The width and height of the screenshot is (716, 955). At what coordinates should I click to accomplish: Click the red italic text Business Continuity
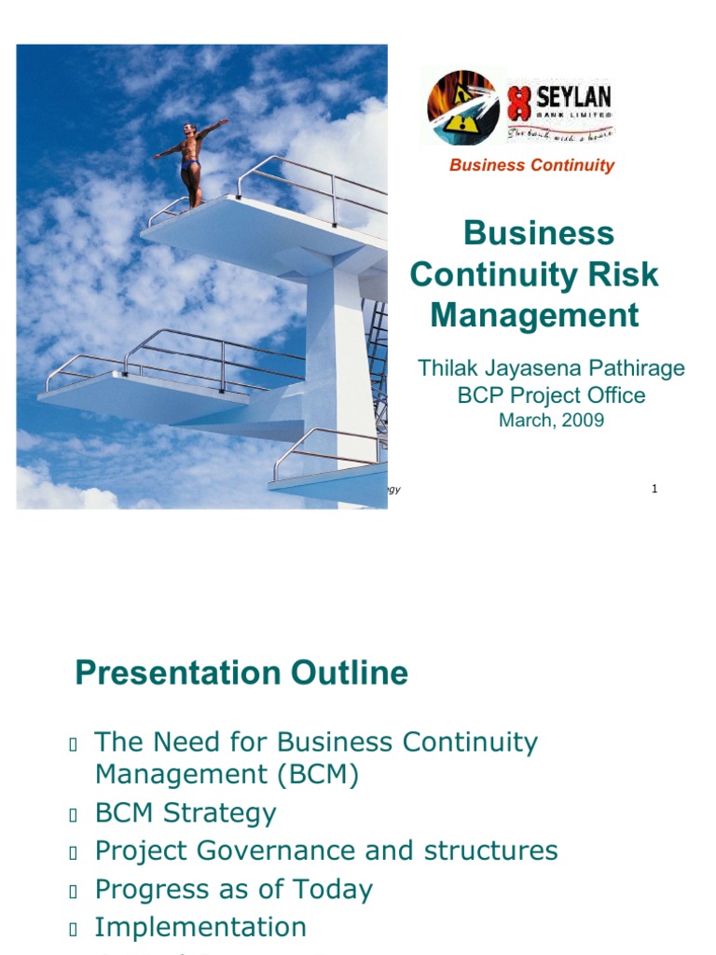coord(531,165)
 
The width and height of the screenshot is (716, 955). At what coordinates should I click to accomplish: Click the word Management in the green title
coord(534,315)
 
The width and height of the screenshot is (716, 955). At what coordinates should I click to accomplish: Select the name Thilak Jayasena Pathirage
coord(551,367)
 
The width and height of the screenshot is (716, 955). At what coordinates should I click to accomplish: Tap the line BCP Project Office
coord(551,394)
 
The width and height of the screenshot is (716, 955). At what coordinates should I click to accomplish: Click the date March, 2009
coord(551,420)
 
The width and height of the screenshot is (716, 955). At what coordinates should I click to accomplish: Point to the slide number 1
coord(654,489)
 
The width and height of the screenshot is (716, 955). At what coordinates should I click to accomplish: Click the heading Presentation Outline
coord(241,672)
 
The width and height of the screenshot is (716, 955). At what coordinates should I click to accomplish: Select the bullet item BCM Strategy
coord(186,812)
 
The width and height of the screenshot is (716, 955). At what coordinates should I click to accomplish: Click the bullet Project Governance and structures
coord(326,851)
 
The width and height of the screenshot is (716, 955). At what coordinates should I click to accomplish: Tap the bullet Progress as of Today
coord(233,889)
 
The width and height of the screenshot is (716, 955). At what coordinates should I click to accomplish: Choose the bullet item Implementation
coord(200,927)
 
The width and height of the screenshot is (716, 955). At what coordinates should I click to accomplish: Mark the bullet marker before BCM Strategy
coord(73,814)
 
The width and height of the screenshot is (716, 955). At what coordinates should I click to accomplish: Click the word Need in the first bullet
coord(186,742)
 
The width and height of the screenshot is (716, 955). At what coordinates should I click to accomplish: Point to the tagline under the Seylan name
coord(559,133)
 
